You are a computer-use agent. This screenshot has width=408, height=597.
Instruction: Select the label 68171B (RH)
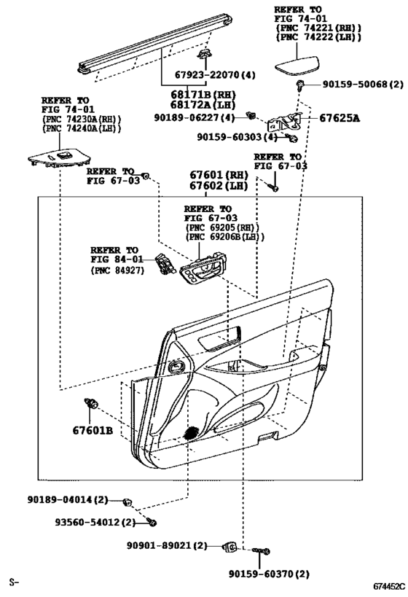[203, 95]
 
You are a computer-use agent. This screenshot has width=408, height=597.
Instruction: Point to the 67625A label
[340, 118]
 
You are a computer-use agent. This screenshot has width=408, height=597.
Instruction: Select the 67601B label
[93, 431]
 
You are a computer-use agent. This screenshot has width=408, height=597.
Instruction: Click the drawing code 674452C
[389, 587]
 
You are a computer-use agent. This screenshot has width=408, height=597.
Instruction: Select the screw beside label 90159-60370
[261, 550]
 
